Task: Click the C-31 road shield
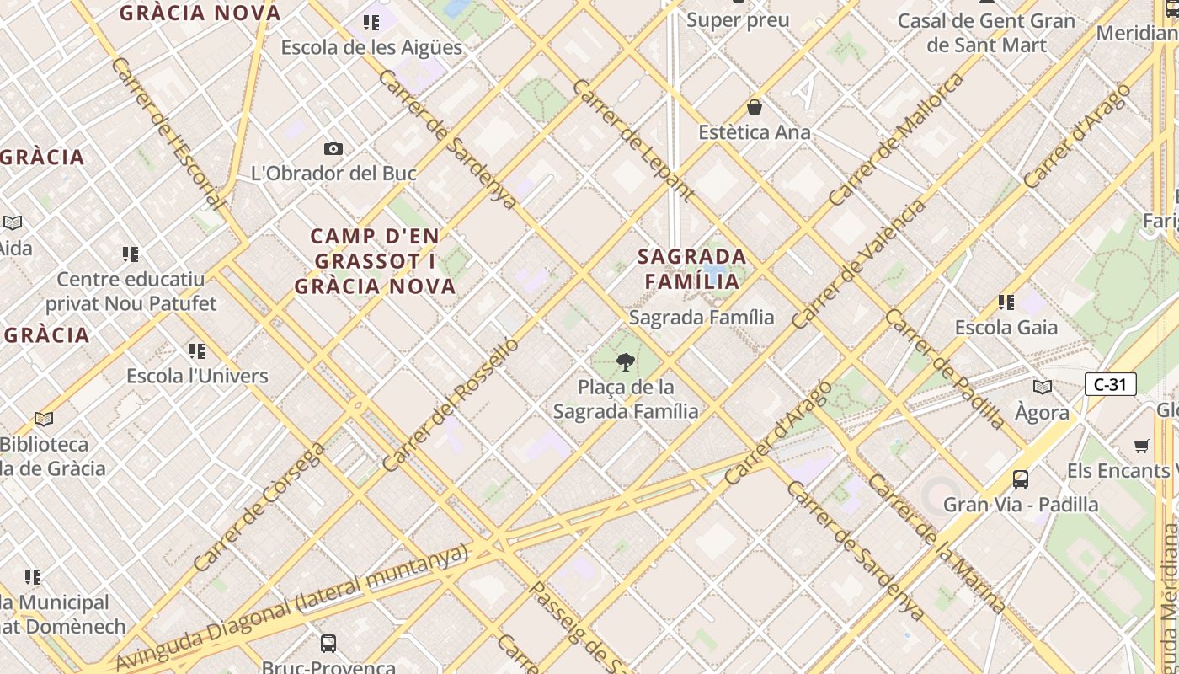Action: coord(1110,385)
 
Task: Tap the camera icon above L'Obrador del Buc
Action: coord(333,149)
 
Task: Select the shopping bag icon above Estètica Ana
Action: coord(755,108)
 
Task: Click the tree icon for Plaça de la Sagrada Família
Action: coord(625,362)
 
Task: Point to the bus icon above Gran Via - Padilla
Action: coord(1021,479)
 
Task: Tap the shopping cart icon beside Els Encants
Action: coord(1142,446)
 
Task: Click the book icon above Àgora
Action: coord(1043,387)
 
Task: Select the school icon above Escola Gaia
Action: coord(1006,302)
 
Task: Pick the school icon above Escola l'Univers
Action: coord(197,350)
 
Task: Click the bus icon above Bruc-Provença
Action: coord(328,644)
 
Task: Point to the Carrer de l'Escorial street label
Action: coord(168,133)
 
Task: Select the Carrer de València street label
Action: coord(858,264)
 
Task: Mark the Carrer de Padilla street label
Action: coord(945,369)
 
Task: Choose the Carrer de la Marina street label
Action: coord(936,543)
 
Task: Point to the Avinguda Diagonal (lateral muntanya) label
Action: coord(291,607)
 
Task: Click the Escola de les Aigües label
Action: coord(371,47)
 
